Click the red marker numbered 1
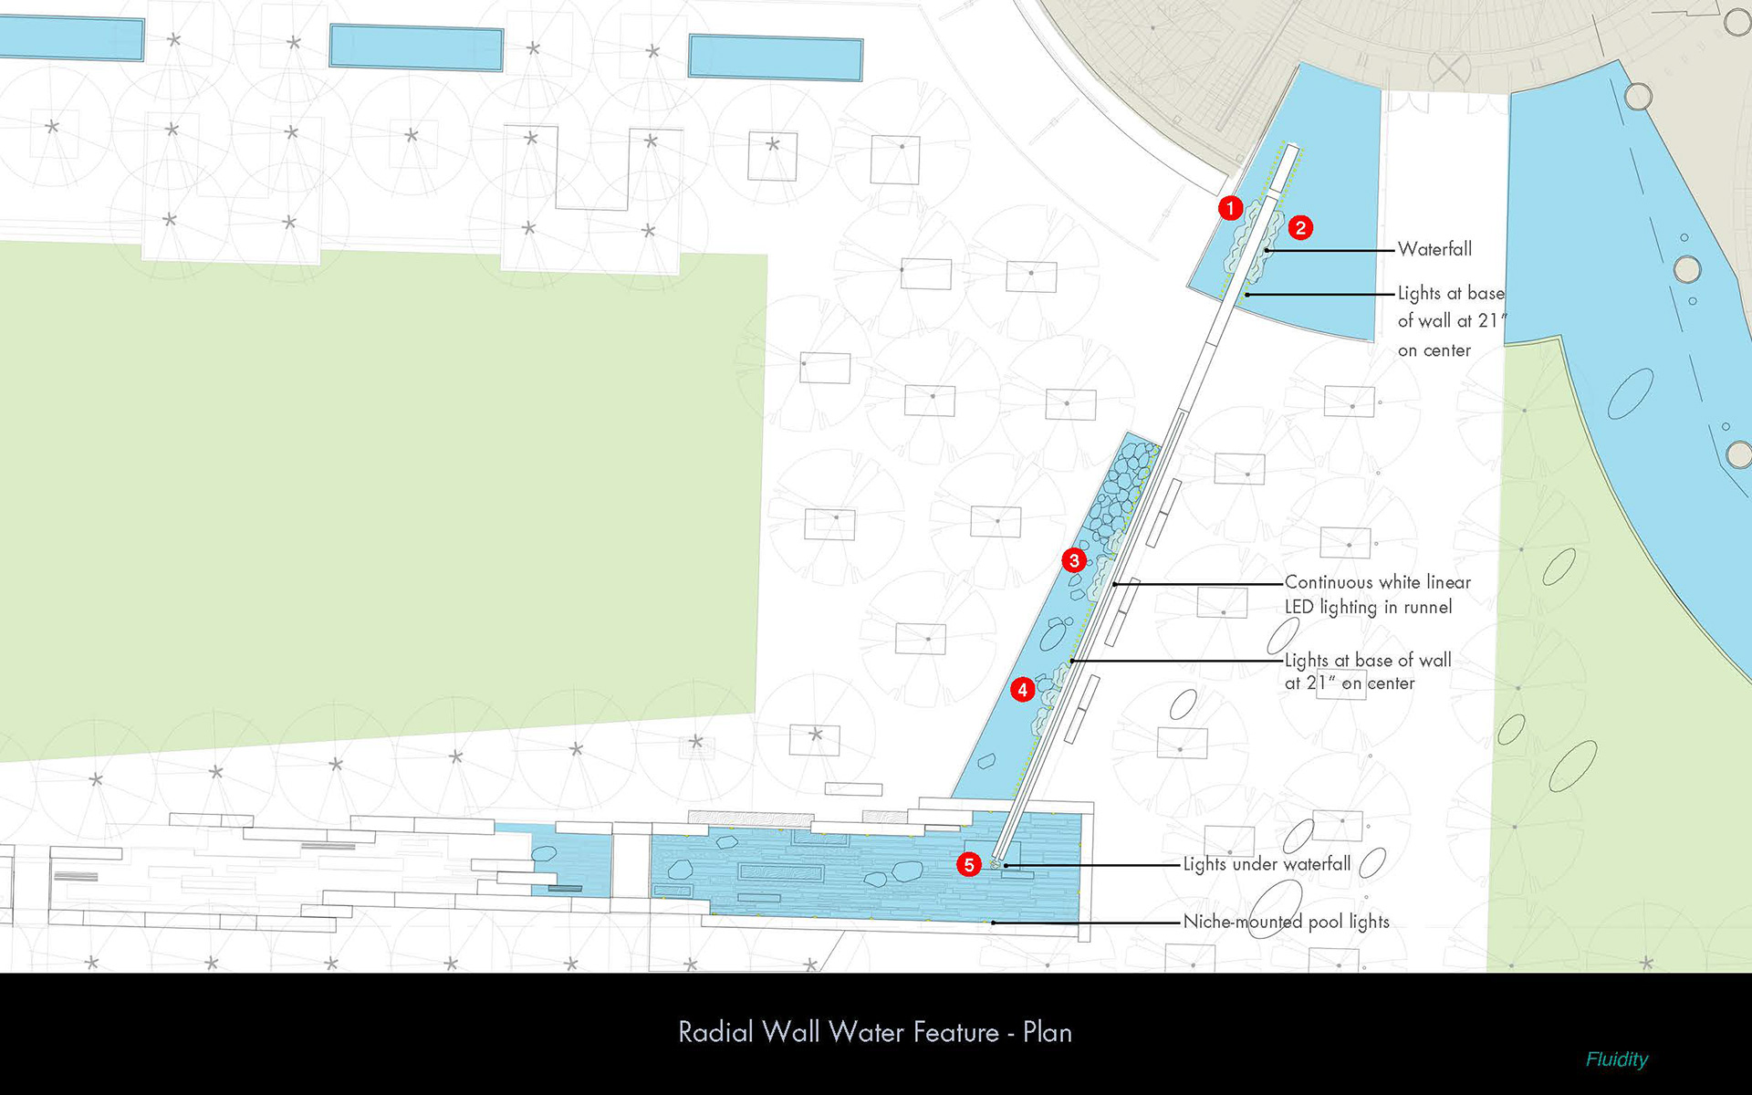[1230, 208]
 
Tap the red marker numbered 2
[1300, 227]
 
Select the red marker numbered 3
[1074, 560]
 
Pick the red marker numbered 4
[1023, 690]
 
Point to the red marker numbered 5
[969, 864]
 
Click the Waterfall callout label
[1434, 249]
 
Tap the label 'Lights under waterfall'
[1267, 864]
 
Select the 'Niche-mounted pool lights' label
[1286, 922]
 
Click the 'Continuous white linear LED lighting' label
[1377, 594]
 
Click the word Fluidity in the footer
[1616, 1059]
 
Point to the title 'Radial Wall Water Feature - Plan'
[875, 1032]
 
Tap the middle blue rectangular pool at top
[416, 47]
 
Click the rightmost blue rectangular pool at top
[775, 57]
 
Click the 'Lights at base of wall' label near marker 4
[1367, 671]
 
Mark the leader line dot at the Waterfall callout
[1267, 250]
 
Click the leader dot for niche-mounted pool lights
[994, 923]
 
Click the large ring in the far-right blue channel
[1686, 269]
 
